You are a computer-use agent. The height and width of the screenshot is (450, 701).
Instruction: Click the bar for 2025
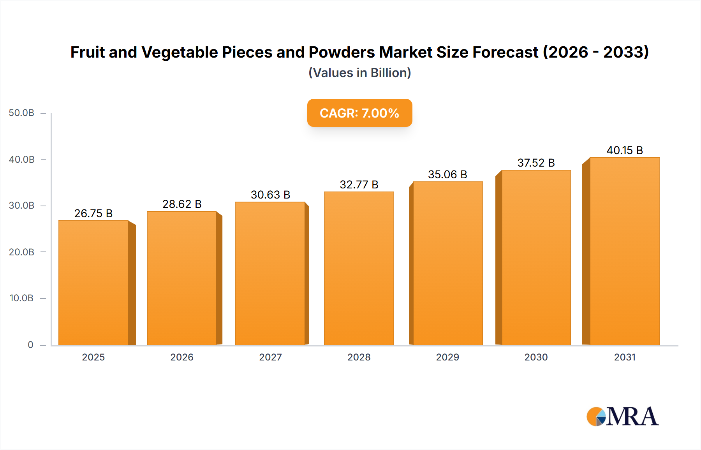click(93, 283)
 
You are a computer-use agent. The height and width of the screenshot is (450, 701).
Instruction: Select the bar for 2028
click(359, 268)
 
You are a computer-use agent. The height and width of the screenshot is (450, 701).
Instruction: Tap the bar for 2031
click(624, 251)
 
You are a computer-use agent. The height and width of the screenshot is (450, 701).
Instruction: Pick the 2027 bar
click(270, 273)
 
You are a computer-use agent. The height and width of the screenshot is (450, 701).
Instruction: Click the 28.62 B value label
click(182, 204)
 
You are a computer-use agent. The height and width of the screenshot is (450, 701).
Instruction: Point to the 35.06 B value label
click(447, 174)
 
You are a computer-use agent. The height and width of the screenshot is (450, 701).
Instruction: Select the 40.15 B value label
click(625, 150)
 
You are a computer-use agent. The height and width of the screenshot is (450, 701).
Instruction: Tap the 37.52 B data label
click(536, 163)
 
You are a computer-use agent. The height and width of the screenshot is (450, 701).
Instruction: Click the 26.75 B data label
click(93, 213)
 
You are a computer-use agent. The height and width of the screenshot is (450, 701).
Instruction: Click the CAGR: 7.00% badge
click(359, 113)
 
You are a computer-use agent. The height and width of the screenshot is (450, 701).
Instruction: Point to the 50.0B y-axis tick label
click(21, 113)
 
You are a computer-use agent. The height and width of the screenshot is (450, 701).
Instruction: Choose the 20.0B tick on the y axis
click(21, 252)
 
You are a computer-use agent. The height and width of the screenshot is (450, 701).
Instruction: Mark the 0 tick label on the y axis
click(30, 345)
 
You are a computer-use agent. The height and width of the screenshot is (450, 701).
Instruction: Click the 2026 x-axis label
click(182, 357)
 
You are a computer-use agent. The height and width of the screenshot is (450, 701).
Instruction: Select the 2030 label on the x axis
click(536, 357)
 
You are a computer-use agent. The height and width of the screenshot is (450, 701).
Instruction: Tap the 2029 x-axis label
click(447, 357)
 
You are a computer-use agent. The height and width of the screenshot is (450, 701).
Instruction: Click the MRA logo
click(622, 417)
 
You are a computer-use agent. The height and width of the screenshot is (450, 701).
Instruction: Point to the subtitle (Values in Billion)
click(359, 73)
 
